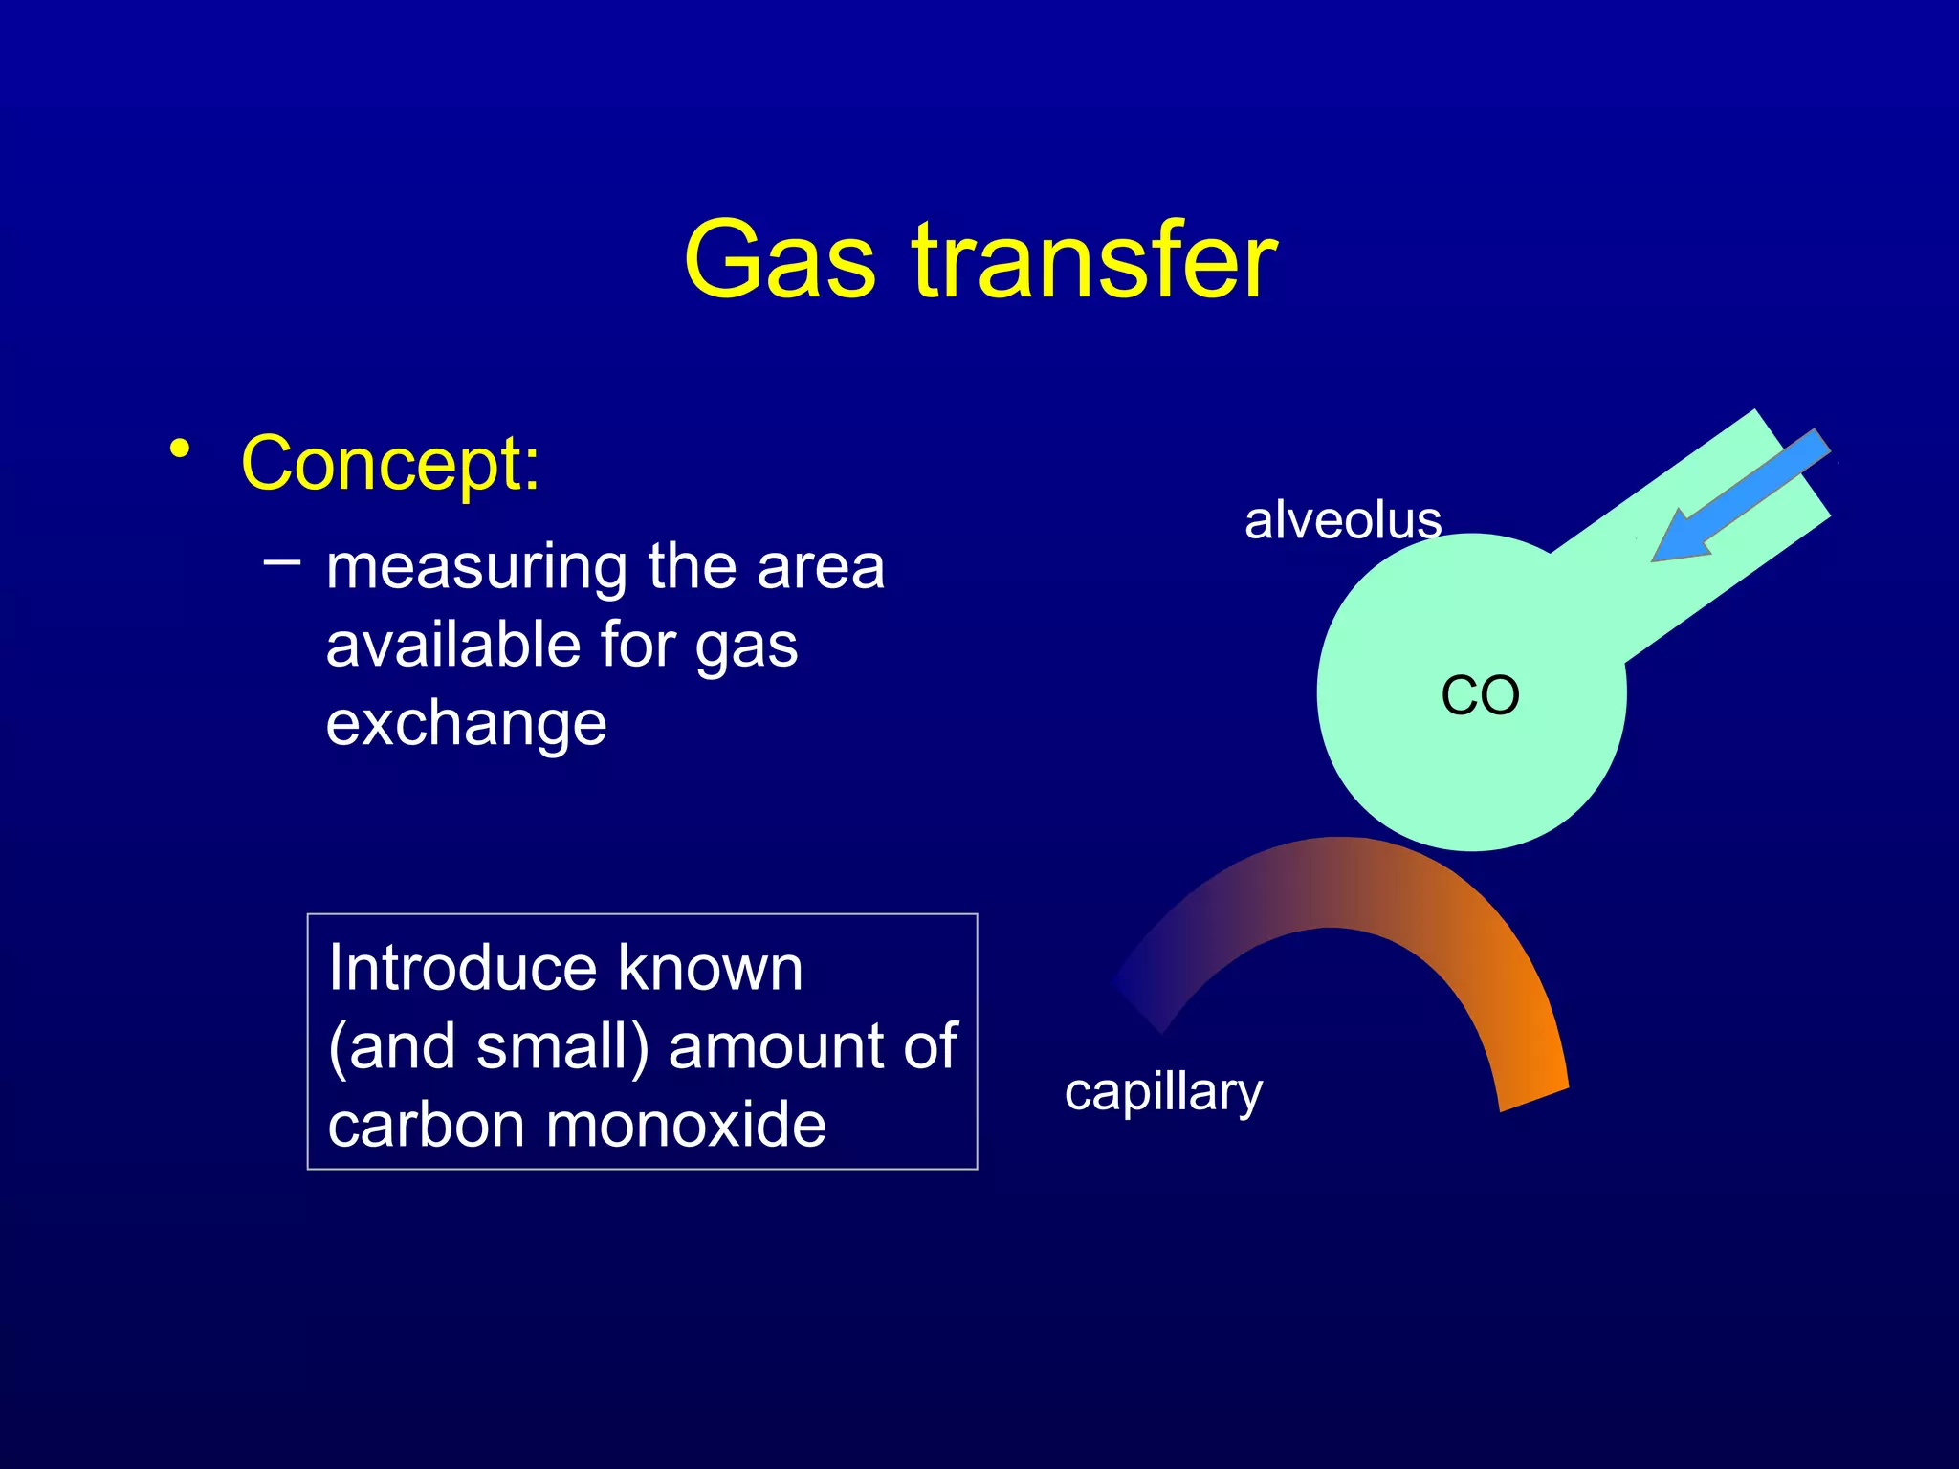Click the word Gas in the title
(780, 260)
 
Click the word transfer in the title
(1094, 260)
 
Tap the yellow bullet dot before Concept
(179, 449)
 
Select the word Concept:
(390, 463)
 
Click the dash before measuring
(281, 561)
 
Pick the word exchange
(466, 723)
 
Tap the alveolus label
(1342, 521)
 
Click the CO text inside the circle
(1480, 695)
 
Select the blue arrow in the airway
(1739, 497)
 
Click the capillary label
(1163, 1092)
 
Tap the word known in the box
(710, 968)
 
